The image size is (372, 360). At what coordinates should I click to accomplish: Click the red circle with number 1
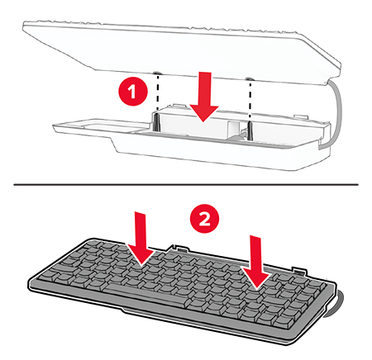[x=133, y=91]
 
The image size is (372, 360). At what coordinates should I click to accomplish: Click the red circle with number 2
[x=204, y=219]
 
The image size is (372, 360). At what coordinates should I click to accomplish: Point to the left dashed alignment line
[x=158, y=93]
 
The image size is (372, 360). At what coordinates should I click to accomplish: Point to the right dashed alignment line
[x=250, y=101]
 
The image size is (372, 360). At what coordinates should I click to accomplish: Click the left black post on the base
[x=156, y=122]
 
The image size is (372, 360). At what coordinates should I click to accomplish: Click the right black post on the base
[x=250, y=130]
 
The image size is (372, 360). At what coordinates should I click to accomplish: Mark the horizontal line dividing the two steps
[x=186, y=184]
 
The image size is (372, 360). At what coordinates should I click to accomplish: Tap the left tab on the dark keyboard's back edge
[x=179, y=248]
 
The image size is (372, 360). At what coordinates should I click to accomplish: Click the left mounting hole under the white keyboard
[x=158, y=73]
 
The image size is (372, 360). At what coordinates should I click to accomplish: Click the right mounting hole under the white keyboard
[x=250, y=79]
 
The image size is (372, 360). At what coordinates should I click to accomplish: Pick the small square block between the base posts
[x=234, y=130]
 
